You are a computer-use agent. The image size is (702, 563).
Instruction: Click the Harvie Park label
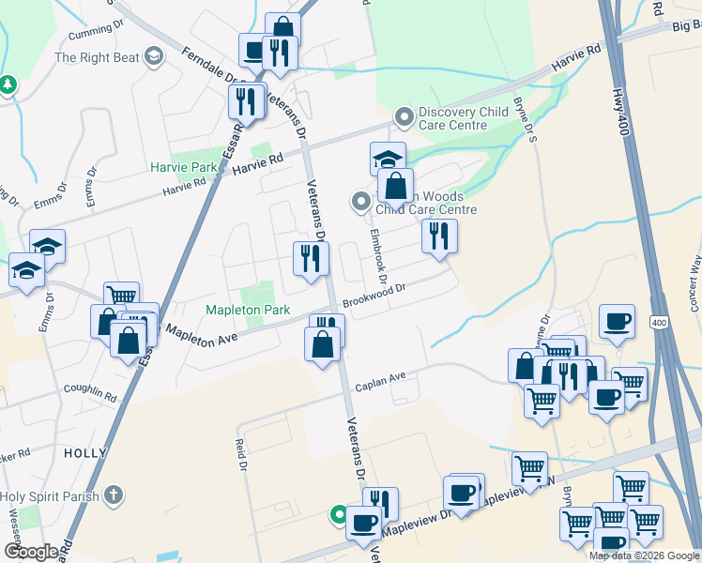(183, 167)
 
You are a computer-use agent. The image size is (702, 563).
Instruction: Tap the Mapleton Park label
(249, 309)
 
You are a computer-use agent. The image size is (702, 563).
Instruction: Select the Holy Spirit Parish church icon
(113, 495)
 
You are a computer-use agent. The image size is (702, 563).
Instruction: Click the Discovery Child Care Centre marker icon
(404, 116)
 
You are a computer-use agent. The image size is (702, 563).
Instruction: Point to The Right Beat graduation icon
(154, 57)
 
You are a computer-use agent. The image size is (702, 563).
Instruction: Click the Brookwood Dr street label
(373, 297)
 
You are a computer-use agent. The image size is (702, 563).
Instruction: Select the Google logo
(31, 552)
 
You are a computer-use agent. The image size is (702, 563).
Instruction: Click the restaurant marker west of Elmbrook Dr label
(310, 258)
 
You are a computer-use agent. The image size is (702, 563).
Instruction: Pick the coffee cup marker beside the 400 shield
(617, 321)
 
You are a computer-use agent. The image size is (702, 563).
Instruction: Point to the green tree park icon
(8, 85)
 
